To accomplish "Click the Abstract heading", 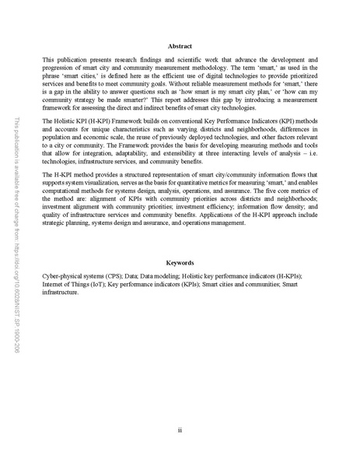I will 180,46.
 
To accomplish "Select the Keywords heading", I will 180,264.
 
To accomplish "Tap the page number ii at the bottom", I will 180,429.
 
